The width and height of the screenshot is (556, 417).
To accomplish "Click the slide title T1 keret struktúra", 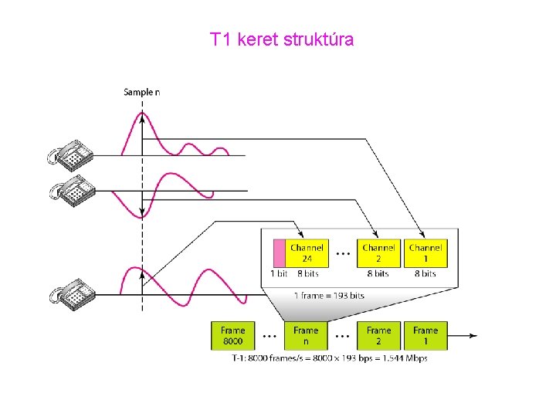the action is click(x=282, y=39).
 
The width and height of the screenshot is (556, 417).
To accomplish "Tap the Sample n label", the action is click(x=142, y=93).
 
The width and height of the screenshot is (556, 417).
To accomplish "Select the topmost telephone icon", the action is click(x=70, y=153).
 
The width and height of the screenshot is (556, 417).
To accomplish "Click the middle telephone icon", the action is click(x=70, y=188).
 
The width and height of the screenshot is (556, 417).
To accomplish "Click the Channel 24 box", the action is click(x=307, y=253).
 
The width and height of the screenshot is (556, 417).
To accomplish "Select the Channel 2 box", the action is click(x=378, y=253).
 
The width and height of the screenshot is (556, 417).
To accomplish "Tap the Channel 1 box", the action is click(x=425, y=253).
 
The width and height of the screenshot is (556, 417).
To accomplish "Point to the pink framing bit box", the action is click(x=280, y=253).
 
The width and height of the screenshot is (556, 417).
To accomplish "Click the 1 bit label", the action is click(x=279, y=273).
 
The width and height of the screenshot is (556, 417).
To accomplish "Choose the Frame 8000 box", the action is click(x=232, y=335).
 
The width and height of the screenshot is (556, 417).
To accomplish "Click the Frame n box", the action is click(x=306, y=335).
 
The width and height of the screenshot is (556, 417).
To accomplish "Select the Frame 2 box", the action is click(x=378, y=335).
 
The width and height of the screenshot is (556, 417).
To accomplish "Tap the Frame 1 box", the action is click(x=425, y=335).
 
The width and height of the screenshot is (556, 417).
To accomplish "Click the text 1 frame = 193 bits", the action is click(x=329, y=295).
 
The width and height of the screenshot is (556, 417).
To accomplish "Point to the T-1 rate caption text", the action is click(x=329, y=358).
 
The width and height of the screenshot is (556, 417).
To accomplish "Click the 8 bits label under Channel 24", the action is click(x=307, y=273).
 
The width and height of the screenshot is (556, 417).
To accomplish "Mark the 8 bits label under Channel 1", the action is click(x=425, y=273).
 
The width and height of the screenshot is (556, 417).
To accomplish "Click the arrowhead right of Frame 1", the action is click(x=473, y=336).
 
